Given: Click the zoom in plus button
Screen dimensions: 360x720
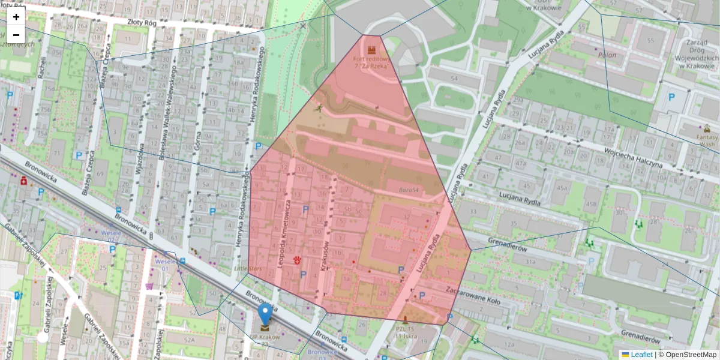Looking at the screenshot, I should [16, 17].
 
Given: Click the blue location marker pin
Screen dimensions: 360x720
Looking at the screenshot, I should [265, 314].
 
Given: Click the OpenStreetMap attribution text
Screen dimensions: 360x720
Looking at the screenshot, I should [691, 355].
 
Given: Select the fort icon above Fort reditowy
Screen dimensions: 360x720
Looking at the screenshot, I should [371, 48].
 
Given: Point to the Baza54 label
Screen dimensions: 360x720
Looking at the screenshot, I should [408, 190].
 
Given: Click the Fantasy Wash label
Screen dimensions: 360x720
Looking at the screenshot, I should [707, 140].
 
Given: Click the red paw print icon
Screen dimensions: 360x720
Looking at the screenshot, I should [298, 259].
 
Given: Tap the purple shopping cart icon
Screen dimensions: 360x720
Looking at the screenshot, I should [149, 286].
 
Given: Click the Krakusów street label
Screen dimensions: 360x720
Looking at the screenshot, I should [325, 256].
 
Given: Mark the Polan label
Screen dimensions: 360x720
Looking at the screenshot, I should [607, 55].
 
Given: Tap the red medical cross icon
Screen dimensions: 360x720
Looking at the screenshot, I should [24, 179].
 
